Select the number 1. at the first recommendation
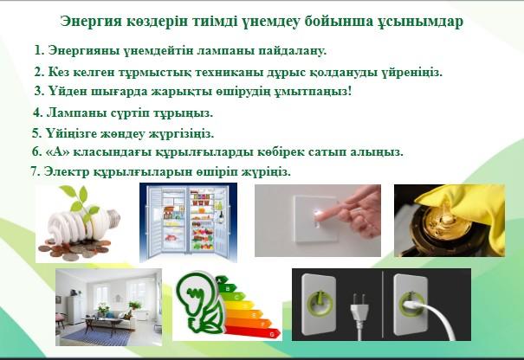click(x=40, y=50)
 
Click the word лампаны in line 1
click(x=226, y=51)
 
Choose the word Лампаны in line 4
click(x=77, y=112)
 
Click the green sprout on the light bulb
click(x=81, y=202)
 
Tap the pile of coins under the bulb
click(x=74, y=248)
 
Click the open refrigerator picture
click(x=188, y=222)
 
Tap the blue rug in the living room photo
click(x=97, y=336)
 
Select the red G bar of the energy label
click(x=252, y=332)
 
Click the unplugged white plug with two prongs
click(x=359, y=313)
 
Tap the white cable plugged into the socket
click(x=435, y=316)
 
